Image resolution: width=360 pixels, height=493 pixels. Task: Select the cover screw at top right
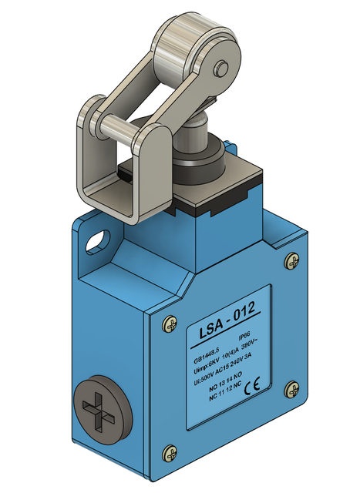pos(291,262)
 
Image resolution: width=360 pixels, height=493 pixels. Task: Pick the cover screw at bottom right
pos(291,389)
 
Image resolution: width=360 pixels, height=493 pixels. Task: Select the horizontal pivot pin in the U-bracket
pos(116,124)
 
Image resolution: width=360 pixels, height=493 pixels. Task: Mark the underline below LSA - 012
pos(228,334)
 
